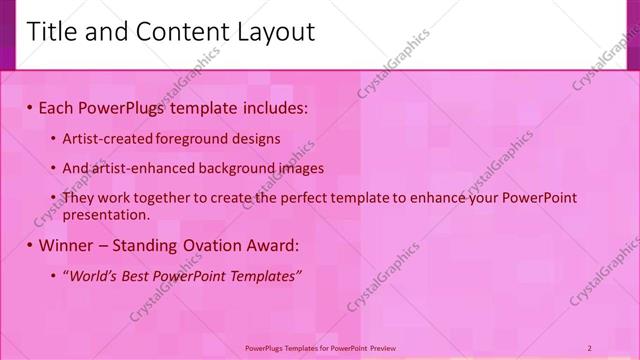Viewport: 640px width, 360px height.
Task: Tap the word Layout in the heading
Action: point(274,32)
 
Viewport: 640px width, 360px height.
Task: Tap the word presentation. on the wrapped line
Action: point(106,214)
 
